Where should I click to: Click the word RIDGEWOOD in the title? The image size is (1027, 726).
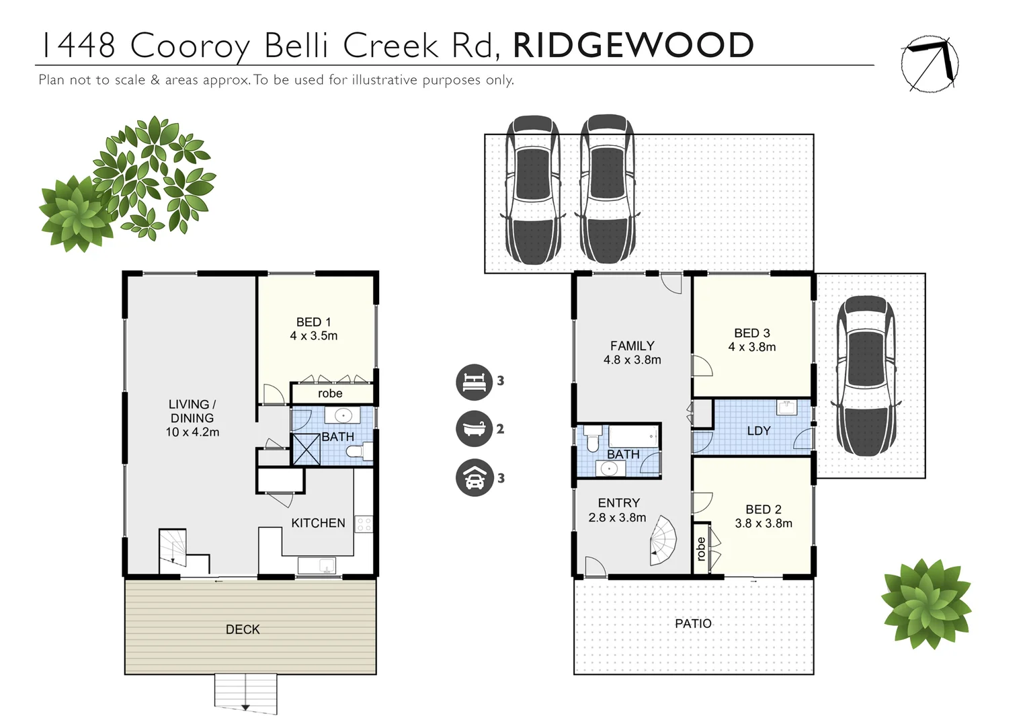click(632, 45)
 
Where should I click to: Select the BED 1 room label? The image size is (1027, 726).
click(313, 322)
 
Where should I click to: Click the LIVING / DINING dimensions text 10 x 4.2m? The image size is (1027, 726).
click(192, 432)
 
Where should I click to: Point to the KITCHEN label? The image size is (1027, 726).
click(318, 523)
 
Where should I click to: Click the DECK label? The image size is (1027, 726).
click(243, 630)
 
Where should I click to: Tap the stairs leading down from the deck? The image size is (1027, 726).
click(245, 692)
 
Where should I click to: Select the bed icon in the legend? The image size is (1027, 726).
click(474, 381)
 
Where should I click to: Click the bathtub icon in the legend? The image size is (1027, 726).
click(474, 429)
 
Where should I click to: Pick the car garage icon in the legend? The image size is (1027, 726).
click(474, 478)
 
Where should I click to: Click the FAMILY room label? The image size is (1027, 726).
click(632, 346)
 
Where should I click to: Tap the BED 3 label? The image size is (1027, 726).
click(751, 333)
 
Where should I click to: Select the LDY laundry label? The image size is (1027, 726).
click(758, 431)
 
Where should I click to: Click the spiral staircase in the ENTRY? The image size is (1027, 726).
click(663, 541)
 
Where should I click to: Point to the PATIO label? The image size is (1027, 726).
click(693, 624)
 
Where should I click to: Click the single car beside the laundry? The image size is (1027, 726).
click(866, 375)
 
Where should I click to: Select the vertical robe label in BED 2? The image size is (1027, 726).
click(701, 549)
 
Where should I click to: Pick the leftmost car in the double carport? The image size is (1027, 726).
click(532, 190)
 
